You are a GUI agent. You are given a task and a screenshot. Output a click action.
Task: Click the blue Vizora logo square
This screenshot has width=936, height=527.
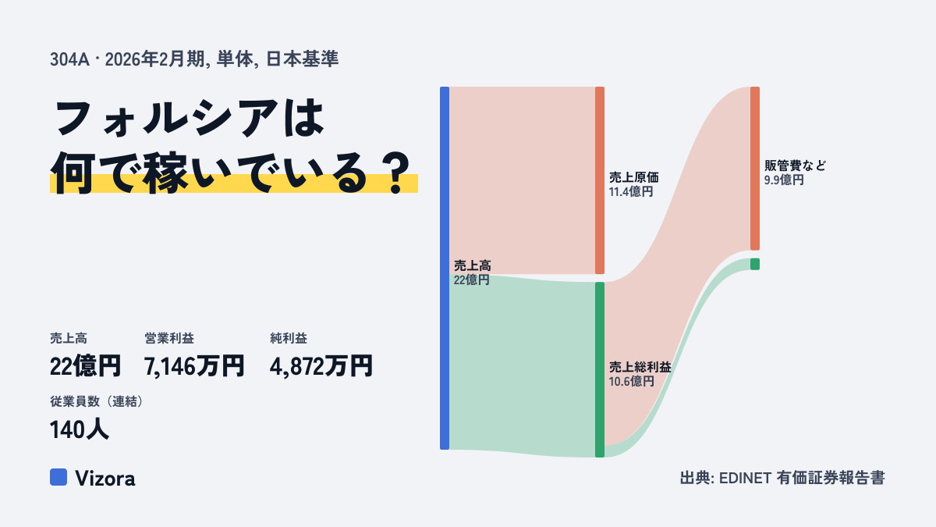point(58,477)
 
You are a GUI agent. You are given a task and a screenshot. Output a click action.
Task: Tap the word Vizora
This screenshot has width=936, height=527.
point(105,478)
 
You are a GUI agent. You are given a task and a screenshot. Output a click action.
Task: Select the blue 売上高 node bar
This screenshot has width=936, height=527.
point(445,268)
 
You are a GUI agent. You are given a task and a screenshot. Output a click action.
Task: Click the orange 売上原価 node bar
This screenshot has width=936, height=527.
point(600,180)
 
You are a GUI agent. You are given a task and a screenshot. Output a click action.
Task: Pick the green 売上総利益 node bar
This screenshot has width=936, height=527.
point(600,370)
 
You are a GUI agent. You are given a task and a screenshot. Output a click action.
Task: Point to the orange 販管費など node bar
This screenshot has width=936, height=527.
point(755,169)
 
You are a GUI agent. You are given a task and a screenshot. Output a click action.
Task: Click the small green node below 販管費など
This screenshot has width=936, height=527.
point(755,264)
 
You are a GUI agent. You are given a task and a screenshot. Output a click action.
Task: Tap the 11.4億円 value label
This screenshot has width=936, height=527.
point(631,192)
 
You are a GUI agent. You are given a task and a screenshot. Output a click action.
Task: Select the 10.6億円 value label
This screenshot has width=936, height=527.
point(631,382)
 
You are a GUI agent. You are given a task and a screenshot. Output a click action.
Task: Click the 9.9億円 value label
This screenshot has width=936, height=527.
point(784,180)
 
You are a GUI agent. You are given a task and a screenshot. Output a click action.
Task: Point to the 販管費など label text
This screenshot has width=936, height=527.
point(795,166)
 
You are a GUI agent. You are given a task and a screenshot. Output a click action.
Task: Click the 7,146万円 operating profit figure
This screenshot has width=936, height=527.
point(194,366)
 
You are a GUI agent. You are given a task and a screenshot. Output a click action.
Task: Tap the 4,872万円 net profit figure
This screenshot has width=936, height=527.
point(321,366)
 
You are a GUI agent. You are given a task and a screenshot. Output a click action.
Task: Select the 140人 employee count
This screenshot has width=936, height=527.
point(80,429)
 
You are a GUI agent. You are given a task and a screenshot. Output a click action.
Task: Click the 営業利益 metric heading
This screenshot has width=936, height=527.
point(169,338)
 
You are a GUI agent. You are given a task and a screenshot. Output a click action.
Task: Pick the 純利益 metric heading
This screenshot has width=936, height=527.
point(289,338)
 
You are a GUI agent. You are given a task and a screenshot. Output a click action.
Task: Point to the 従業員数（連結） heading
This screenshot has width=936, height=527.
point(97,401)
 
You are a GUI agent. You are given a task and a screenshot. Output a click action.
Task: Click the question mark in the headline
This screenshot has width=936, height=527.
point(396,173)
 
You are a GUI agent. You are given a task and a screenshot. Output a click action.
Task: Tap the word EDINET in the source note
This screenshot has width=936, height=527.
point(745,478)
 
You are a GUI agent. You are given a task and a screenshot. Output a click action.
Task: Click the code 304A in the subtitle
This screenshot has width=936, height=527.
point(69,60)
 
